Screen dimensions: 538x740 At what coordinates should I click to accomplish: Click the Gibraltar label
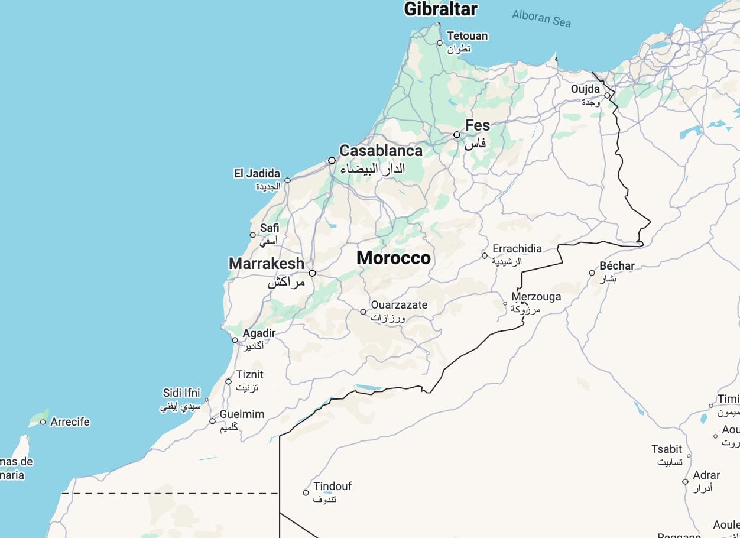(x=440, y=9)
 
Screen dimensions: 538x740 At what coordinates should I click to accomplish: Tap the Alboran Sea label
(x=541, y=18)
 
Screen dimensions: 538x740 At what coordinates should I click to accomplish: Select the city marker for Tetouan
(x=440, y=43)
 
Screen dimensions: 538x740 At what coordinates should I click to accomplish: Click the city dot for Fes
(x=457, y=135)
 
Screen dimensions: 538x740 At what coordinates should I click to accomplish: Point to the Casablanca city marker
(x=332, y=160)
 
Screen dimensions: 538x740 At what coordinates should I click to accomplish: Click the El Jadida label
(x=257, y=174)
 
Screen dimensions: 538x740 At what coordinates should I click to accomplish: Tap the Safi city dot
(x=253, y=235)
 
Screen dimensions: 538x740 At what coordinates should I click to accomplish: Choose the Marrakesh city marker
(x=312, y=273)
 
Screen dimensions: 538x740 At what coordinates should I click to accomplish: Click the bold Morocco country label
(x=394, y=258)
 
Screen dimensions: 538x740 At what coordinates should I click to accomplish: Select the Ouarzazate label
(x=399, y=305)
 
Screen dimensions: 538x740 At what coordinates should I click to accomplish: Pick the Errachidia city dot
(x=485, y=256)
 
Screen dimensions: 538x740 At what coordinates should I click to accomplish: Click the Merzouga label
(x=536, y=297)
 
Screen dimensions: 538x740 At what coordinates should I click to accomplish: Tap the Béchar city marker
(x=592, y=273)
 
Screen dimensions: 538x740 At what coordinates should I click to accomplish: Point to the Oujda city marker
(x=607, y=95)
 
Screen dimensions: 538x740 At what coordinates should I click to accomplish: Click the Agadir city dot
(x=235, y=340)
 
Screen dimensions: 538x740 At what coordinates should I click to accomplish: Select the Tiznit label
(x=250, y=375)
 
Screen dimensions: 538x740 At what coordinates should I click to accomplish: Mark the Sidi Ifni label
(x=181, y=393)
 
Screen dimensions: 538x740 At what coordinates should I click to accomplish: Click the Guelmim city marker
(x=213, y=421)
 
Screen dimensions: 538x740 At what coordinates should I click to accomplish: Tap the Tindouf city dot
(x=306, y=492)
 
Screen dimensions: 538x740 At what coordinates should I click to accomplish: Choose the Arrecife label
(x=70, y=422)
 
